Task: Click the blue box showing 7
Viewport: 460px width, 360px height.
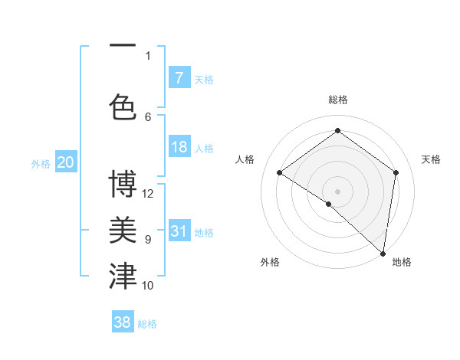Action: tap(179, 78)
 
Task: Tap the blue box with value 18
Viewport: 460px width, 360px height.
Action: tap(179, 147)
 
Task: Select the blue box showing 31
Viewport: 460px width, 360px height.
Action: tap(179, 231)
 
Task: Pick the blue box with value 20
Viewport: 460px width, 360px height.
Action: tap(66, 162)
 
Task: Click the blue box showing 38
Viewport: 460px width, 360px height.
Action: tap(123, 322)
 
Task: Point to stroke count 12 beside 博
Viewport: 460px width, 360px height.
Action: tap(149, 193)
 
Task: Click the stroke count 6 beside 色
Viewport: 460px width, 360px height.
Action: tap(148, 116)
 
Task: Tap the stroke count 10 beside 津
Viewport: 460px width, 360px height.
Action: tap(149, 285)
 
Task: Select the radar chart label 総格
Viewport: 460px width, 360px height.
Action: tap(337, 100)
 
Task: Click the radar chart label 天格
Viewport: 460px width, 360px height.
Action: tap(432, 159)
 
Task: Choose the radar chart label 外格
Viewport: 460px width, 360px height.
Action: tap(269, 262)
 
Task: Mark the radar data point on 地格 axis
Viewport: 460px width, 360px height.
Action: tap(383, 254)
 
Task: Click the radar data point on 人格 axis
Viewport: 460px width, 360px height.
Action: tap(280, 173)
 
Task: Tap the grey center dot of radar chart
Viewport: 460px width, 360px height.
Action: tap(337, 191)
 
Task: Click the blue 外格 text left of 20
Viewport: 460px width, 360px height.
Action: tap(40, 163)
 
